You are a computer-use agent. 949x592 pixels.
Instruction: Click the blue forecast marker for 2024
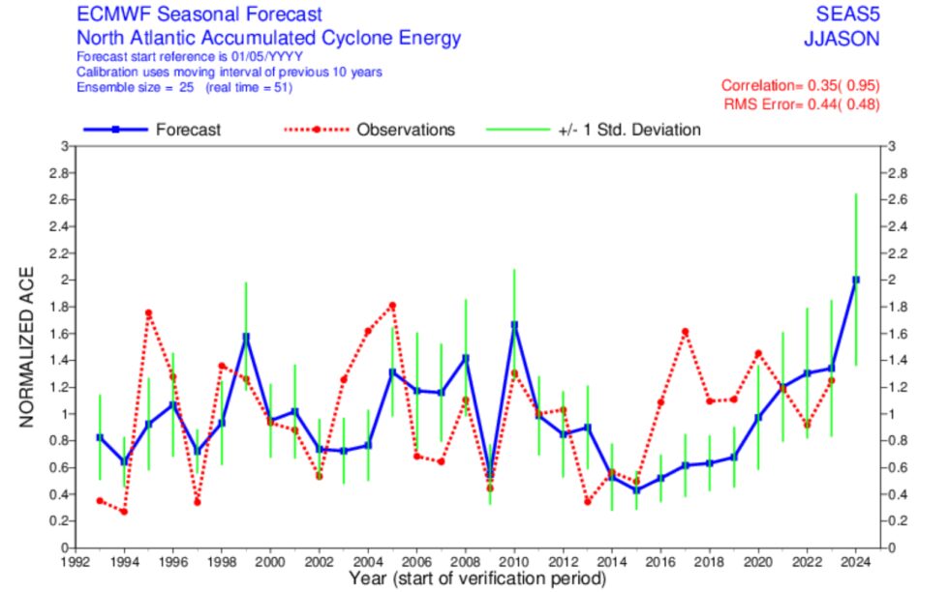[x=855, y=280]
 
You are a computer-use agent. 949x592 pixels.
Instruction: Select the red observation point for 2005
[x=392, y=306]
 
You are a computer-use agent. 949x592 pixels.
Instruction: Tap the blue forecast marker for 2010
[x=513, y=325]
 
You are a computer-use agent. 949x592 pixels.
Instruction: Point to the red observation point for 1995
[x=148, y=312]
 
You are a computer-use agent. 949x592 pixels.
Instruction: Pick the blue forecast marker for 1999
[x=246, y=337]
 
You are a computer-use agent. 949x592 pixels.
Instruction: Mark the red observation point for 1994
[x=123, y=511]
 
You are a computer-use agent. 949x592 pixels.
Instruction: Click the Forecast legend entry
[x=187, y=130]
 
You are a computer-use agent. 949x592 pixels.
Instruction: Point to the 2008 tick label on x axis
[x=465, y=560]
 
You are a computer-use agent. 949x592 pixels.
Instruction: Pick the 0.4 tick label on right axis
[x=897, y=494]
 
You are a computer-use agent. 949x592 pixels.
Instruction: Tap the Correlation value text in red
[x=800, y=85]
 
